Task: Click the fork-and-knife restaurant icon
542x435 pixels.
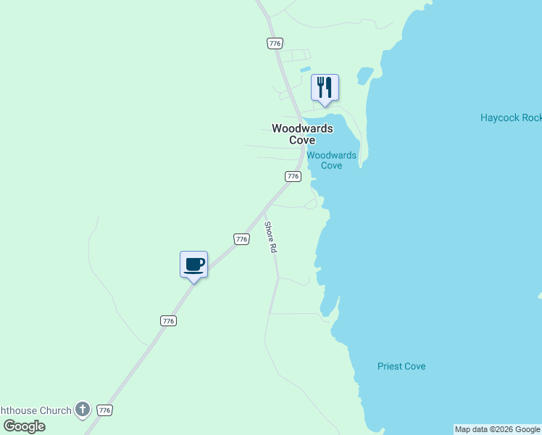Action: pos(325,88)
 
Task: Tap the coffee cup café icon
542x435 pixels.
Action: pos(193,265)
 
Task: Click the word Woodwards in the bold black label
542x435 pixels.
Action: pos(302,128)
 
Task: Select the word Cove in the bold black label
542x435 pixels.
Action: pos(302,140)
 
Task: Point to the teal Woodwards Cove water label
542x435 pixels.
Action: pos(331,160)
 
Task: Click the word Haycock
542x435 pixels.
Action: pos(500,117)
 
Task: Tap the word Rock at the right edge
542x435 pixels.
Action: pos(533,117)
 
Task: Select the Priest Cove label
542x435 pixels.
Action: pos(401,366)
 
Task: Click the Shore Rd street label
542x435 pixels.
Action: pos(270,237)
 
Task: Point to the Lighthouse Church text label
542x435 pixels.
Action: pos(36,410)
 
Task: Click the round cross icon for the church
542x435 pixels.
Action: pos(83,410)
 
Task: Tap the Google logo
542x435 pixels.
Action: pos(23,426)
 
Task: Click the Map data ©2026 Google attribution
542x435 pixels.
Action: pos(497,429)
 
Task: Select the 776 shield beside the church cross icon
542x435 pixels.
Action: pos(104,410)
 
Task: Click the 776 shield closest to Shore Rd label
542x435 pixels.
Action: pos(241,239)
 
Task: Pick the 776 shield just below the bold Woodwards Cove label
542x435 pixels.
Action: pos(293,176)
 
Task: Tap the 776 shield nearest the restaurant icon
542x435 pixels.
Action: pos(274,43)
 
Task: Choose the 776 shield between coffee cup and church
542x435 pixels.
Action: pos(168,320)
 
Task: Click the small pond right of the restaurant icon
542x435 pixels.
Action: pos(364,75)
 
